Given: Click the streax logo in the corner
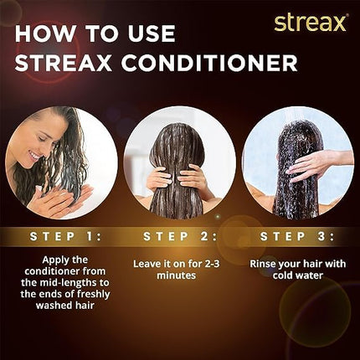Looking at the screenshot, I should pyautogui.click(x=310, y=22).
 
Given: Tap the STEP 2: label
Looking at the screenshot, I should pyautogui.click(x=179, y=236).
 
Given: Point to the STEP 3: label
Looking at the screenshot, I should pyautogui.click(x=297, y=236).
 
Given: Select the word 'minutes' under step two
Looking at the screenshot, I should pyautogui.click(x=179, y=277).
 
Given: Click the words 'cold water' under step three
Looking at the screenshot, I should pyautogui.click(x=297, y=277).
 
